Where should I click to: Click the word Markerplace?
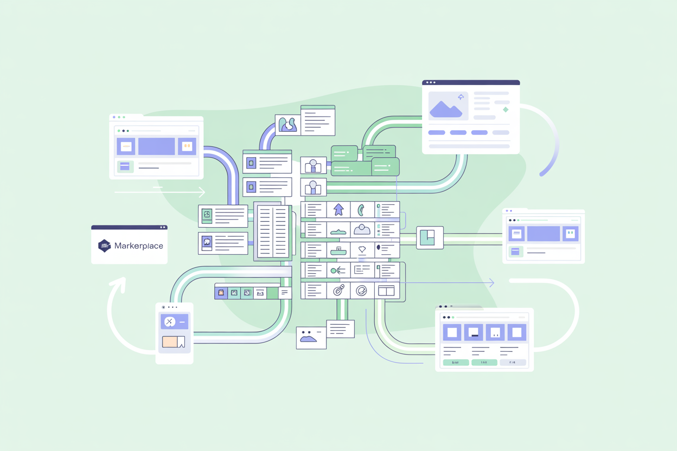point(138,246)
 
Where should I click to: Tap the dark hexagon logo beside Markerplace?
point(104,246)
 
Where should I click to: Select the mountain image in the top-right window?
point(445,105)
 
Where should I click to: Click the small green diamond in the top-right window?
point(506,109)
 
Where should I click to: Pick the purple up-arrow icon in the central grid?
point(338,210)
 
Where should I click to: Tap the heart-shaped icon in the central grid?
point(362,250)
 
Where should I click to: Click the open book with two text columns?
point(273,231)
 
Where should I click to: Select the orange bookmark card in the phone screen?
point(174,342)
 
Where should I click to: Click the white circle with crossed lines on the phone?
point(170,322)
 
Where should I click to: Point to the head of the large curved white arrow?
point(118,284)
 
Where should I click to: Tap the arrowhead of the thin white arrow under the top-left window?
point(202,192)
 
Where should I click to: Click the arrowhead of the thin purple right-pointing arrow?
point(491,283)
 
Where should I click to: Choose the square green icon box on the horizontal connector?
point(430,237)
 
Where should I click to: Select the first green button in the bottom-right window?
point(456,362)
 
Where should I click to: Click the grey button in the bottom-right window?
point(513,362)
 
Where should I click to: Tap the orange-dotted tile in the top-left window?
point(187,146)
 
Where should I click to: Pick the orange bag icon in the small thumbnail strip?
point(221,293)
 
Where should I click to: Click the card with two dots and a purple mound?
point(311,338)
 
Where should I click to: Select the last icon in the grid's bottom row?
point(386,291)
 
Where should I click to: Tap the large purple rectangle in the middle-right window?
point(543,234)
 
